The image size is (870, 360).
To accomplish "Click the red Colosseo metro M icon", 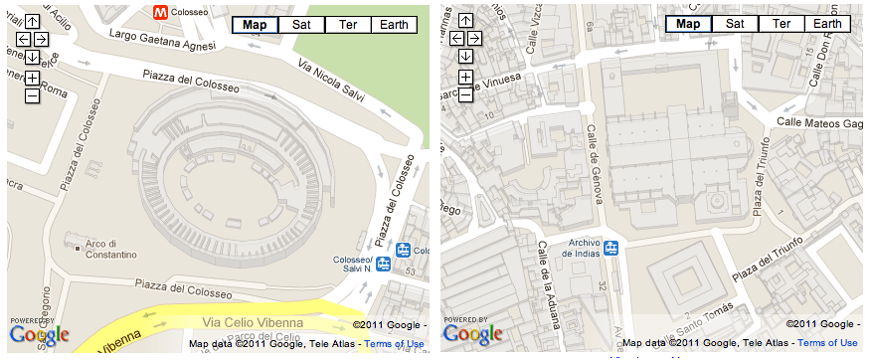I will coord(159,11).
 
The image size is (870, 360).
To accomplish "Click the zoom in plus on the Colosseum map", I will coord(32,78).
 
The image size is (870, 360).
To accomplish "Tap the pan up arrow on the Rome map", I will coord(32,21).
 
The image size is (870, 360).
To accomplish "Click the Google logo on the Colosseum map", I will coord(40,335).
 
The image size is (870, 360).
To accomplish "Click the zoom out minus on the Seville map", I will coord(465,95).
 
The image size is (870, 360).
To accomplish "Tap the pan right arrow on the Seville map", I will coord(474,39).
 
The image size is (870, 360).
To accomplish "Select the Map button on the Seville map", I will coord(688,25).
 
